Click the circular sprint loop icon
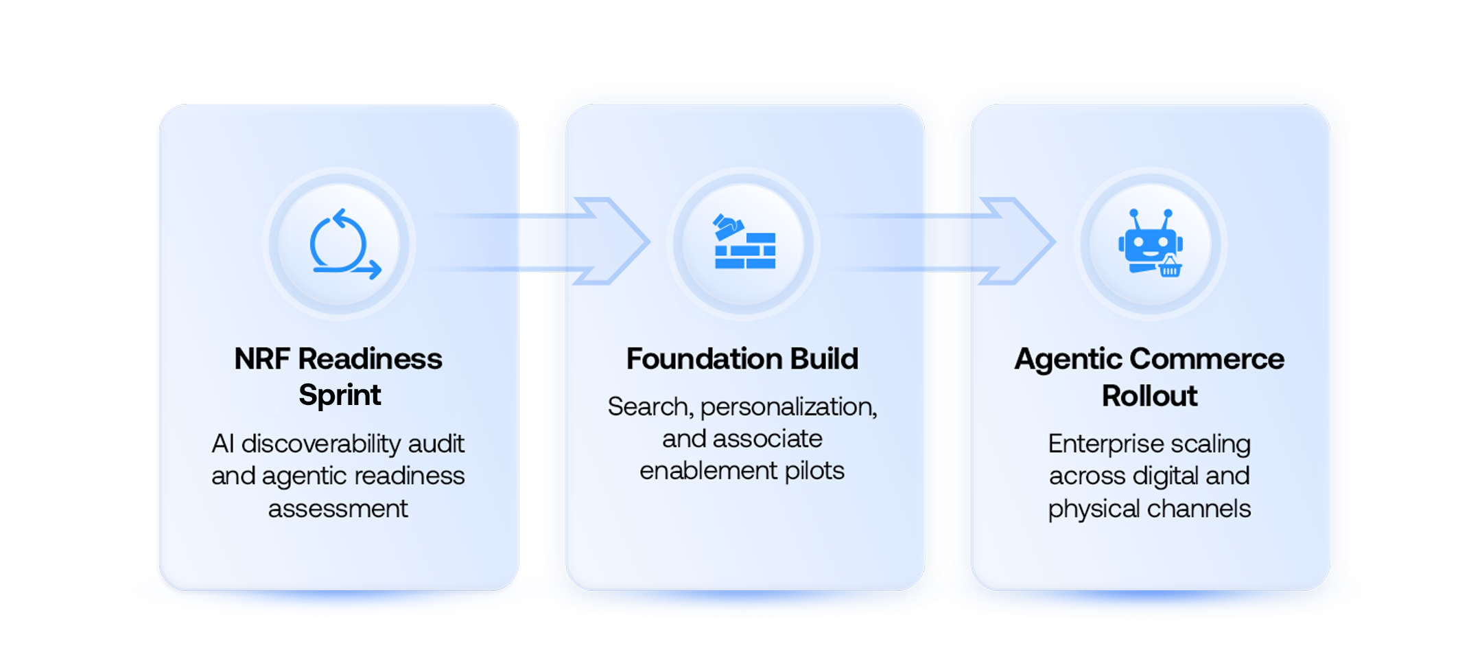(x=342, y=245)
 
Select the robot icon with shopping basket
(x=1150, y=242)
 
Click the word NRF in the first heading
(x=261, y=359)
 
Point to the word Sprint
(x=340, y=395)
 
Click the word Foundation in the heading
(x=703, y=359)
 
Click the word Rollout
(x=1149, y=396)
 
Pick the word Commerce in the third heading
(x=1207, y=359)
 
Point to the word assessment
(x=338, y=509)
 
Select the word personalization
(x=788, y=407)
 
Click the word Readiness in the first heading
(x=370, y=359)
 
